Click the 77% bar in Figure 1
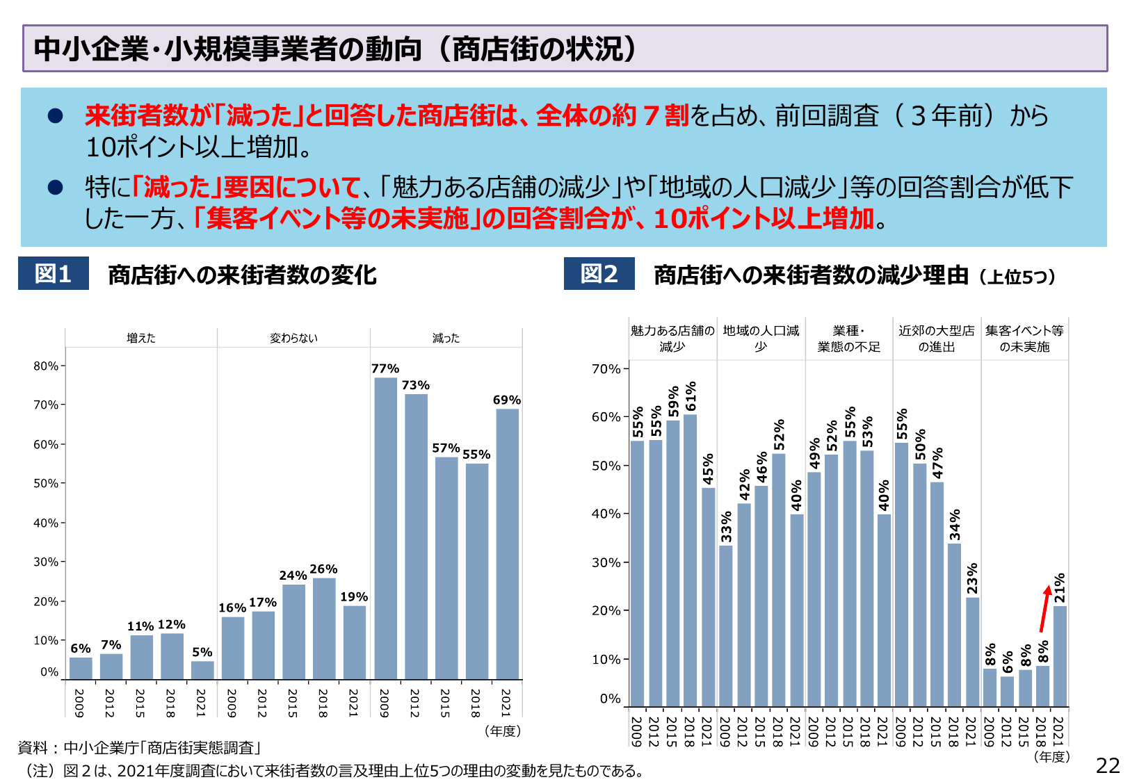385,528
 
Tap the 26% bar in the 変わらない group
323,628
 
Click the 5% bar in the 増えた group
202,670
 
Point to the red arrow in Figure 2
1045,608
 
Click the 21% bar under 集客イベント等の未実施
1059,656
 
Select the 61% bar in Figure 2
690,560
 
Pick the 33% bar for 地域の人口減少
725,626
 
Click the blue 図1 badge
54,274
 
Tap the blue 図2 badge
599,274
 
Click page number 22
1108,765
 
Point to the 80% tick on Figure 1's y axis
46,366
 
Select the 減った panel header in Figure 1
446,338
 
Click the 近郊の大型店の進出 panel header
936,339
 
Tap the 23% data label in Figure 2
972,578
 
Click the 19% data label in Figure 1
354,597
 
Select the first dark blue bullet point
55,116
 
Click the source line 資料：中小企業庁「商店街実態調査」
139,748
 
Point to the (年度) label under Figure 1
502,731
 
